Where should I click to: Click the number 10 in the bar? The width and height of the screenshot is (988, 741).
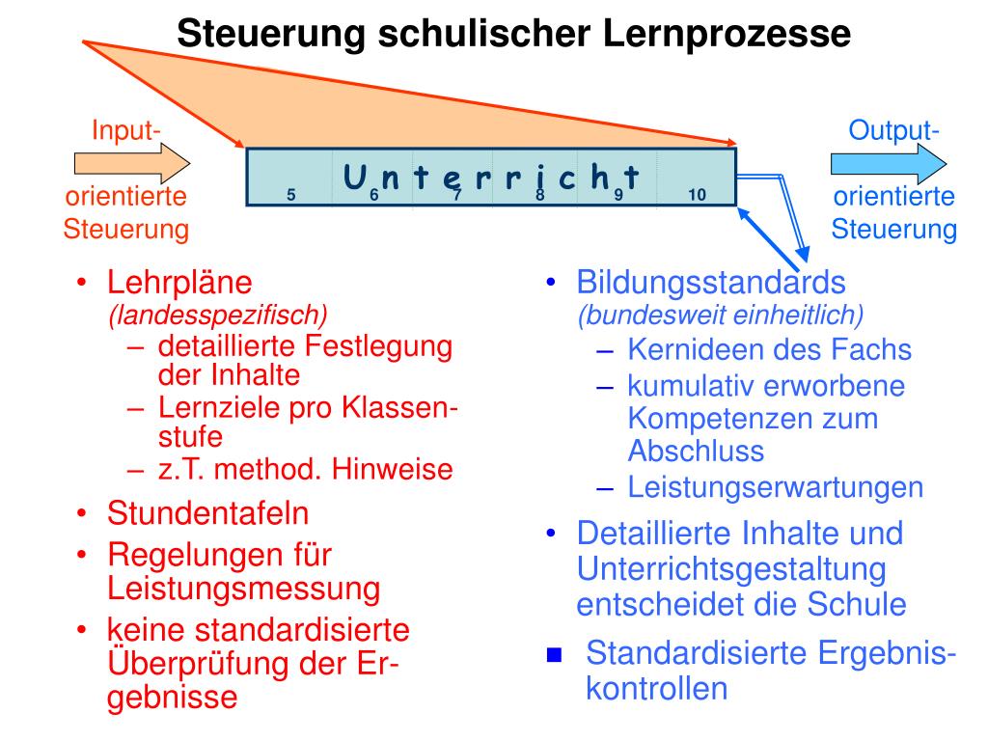[697, 195]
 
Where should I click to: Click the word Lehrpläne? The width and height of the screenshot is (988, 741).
[179, 283]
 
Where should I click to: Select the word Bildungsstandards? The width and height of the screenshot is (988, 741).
[711, 283]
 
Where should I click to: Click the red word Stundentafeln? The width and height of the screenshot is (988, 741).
[208, 512]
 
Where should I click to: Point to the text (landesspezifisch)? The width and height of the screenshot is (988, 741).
[218, 315]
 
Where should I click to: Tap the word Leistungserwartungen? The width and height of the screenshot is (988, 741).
[776, 487]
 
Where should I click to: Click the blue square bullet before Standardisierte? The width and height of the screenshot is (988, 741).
[554, 656]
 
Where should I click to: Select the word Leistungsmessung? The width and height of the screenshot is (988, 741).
[244, 588]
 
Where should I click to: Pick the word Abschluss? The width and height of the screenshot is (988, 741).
[696, 451]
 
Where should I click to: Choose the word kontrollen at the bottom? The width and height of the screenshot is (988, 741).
[657, 689]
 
